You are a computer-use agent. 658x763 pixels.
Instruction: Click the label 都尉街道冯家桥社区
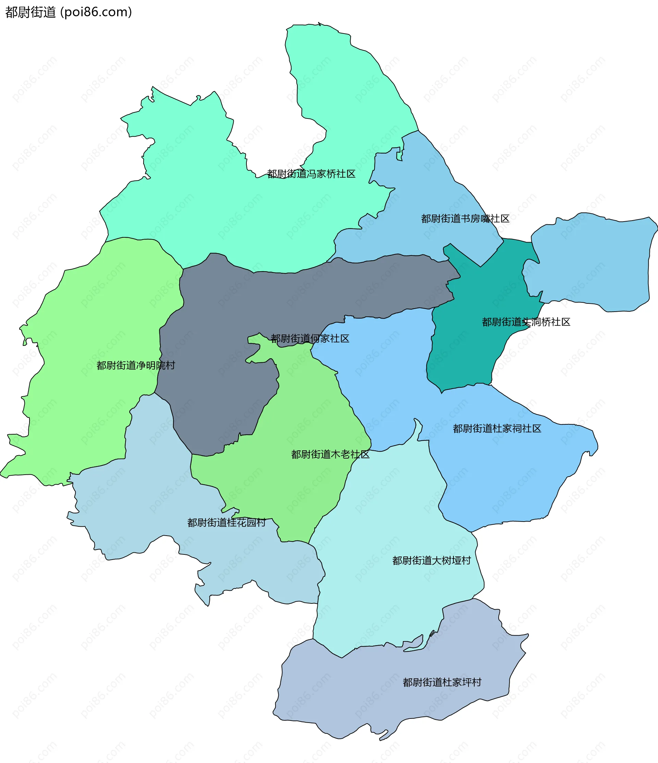[311, 174]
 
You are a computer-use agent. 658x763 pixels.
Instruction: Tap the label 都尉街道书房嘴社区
[465, 219]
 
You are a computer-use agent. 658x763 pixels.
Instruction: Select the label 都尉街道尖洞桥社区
[526, 322]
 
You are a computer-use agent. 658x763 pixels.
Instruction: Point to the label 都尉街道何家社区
[310, 339]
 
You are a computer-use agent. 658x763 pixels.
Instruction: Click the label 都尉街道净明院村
[136, 366]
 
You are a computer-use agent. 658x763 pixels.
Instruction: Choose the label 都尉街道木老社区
[330, 455]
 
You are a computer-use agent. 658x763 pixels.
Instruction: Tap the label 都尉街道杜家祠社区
[497, 429]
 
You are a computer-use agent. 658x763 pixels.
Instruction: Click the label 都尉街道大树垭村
[431, 561]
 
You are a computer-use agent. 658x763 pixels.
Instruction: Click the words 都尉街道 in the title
[30, 12]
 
